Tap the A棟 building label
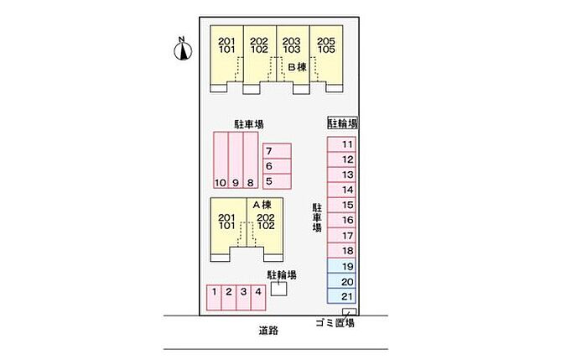[260, 205]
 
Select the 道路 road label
[268, 331]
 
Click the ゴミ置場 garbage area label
[335, 323]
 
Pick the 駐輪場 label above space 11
[342, 123]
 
